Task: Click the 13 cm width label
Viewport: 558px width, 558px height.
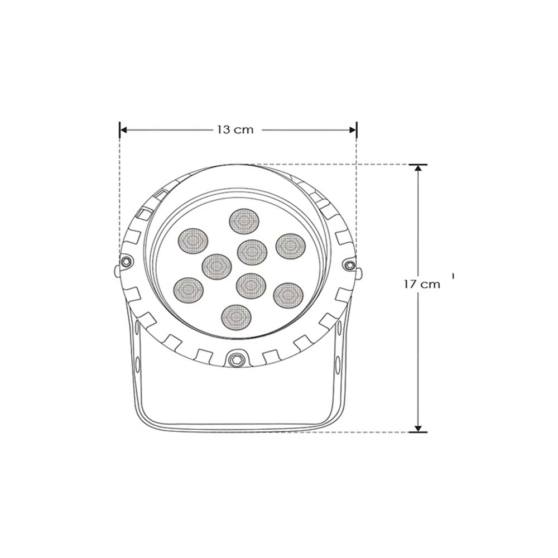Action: (x=235, y=130)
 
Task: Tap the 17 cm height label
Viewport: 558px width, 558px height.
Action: (x=422, y=284)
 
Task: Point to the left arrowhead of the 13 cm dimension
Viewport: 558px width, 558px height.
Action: (x=123, y=129)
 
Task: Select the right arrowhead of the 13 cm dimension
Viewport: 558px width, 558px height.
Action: (x=353, y=129)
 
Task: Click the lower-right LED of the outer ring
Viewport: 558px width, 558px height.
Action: (x=287, y=295)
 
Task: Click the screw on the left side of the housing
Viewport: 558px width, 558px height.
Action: (x=127, y=261)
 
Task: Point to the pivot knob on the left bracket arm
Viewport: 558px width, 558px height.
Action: (x=117, y=271)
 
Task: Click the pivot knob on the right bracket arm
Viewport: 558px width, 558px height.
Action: (x=359, y=273)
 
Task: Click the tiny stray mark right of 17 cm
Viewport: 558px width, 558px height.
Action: (x=454, y=275)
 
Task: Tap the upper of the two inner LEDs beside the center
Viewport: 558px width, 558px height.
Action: (x=251, y=252)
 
